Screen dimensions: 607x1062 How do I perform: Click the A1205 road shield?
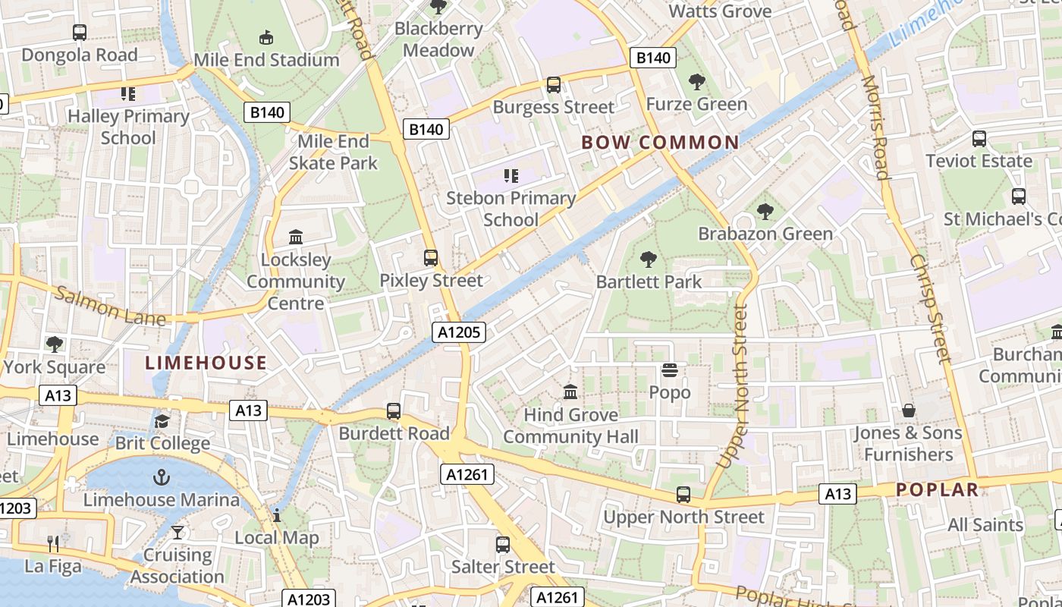tap(459, 332)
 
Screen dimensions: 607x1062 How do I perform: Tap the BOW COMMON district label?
tap(660, 143)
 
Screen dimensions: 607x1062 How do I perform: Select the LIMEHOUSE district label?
tap(206, 363)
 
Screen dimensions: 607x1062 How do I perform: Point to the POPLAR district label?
tap(938, 490)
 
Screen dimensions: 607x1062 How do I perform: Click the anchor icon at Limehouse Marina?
tap(161, 477)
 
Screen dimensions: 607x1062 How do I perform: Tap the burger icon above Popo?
tap(670, 370)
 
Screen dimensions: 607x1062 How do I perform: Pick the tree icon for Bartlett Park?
tap(649, 259)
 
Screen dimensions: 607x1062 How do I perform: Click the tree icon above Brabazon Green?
tap(765, 212)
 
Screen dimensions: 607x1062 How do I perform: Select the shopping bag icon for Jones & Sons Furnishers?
tap(908, 411)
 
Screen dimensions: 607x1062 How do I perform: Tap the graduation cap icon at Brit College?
tap(162, 421)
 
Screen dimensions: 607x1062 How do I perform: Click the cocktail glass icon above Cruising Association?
tap(178, 532)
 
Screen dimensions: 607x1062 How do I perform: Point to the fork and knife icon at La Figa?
tap(53, 543)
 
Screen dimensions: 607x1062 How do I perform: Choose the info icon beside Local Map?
tap(277, 516)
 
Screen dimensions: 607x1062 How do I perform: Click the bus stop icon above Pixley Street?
tap(431, 258)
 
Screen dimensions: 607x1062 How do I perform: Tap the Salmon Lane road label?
tap(110, 306)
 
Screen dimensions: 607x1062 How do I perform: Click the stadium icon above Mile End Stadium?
tap(266, 37)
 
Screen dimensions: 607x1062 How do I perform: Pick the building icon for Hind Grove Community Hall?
tap(570, 392)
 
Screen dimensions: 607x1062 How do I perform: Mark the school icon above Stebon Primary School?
tap(511, 176)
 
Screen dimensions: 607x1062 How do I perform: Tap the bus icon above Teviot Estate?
tap(979, 139)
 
